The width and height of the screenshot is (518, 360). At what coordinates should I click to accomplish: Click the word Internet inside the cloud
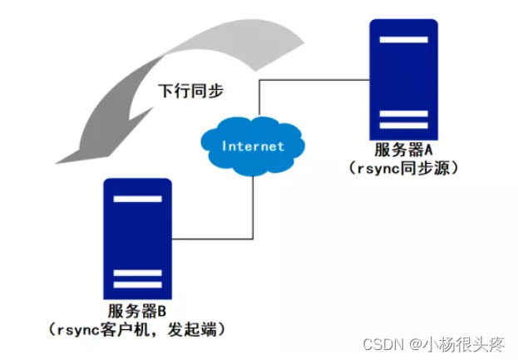252,146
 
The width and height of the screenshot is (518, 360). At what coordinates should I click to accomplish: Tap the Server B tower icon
137,237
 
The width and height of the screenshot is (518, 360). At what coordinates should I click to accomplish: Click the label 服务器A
405,151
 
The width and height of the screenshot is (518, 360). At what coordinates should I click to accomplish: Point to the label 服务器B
137,310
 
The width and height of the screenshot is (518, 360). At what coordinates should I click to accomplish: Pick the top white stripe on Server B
137,200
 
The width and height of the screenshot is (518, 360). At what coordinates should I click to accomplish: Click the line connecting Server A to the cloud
312,80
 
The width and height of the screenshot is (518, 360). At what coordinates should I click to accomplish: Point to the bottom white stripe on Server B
137,284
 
